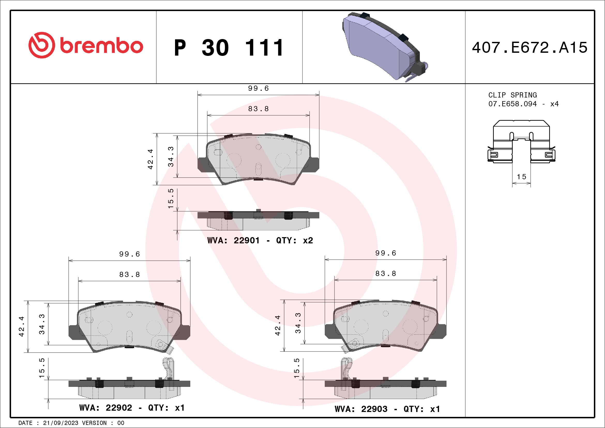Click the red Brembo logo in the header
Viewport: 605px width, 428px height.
(86, 45)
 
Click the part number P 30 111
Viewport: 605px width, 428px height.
(229, 48)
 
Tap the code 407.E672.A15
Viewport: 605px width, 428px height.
(530, 47)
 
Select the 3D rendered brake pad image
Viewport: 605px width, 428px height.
(385, 47)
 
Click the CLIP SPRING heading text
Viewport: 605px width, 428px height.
(512, 95)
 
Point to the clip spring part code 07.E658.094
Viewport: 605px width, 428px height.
(512, 104)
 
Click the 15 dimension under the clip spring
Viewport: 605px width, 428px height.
(521, 177)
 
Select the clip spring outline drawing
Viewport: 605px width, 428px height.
(521, 141)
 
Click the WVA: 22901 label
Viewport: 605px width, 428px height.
(233, 240)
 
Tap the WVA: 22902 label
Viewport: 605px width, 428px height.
(106, 408)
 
